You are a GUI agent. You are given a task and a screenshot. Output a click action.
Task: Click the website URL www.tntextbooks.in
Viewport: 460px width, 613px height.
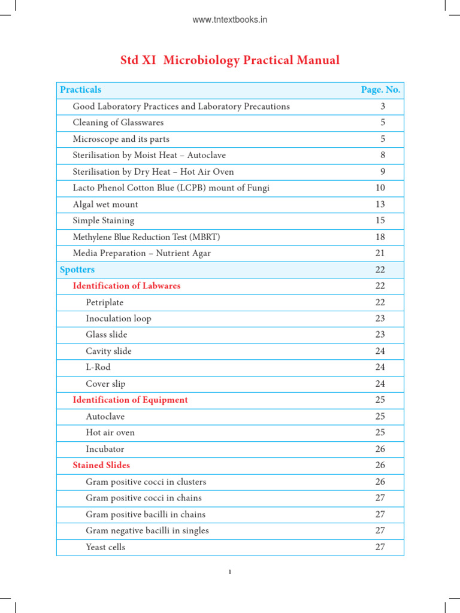pos(229,20)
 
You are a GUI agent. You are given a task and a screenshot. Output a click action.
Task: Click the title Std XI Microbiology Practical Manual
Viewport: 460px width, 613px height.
pos(230,60)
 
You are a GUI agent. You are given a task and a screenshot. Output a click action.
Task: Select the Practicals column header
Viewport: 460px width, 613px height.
pos(80,90)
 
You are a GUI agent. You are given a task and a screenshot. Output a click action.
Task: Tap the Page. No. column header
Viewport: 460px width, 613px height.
pos(380,90)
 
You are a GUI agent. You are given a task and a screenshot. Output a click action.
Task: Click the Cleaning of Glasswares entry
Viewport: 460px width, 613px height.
pos(118,123)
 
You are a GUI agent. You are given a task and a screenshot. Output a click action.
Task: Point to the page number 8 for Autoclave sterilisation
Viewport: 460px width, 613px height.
pos(382,155)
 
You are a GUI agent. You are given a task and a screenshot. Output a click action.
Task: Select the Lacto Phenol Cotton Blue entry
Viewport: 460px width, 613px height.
pos(171,188)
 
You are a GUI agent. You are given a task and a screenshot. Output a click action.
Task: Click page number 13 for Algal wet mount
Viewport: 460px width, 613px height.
pos(380,204)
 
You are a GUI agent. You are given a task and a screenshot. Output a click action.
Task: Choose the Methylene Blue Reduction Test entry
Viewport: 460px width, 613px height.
pos(146,237)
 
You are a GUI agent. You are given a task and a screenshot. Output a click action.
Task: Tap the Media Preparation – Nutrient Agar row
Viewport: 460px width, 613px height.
pos(141,253)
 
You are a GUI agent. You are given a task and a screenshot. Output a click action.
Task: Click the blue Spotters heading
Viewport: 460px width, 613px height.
pos(77,270)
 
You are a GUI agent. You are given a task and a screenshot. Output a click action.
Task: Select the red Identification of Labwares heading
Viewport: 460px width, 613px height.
pos(126,286)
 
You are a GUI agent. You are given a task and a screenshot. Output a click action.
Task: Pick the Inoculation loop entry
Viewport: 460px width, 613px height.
pos(119,318)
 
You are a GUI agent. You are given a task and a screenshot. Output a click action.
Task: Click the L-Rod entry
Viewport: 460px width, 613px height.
pos(98,368)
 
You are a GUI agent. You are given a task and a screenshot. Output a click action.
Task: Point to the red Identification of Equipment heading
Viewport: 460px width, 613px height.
pos(130,400)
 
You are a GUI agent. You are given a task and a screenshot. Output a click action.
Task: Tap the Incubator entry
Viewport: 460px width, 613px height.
pos(105,449)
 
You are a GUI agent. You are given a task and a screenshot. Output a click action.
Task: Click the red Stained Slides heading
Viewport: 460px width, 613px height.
pos(101,465)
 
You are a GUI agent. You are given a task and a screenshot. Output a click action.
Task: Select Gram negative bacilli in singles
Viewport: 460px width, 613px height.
pos(147,530)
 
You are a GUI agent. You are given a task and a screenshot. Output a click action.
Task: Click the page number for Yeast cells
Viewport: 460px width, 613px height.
pos(380,547)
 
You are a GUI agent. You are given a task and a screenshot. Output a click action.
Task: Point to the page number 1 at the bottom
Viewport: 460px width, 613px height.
pos(229,572)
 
